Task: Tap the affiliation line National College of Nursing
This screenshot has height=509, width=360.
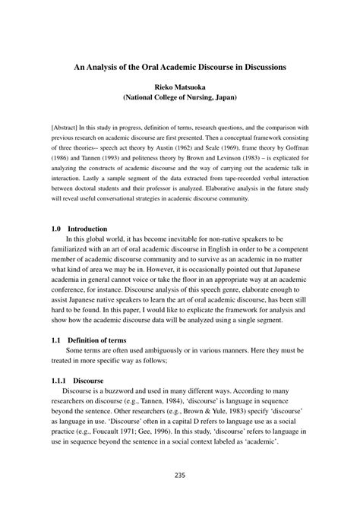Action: pos(180,98)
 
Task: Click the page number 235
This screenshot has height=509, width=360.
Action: pos(180,497)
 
